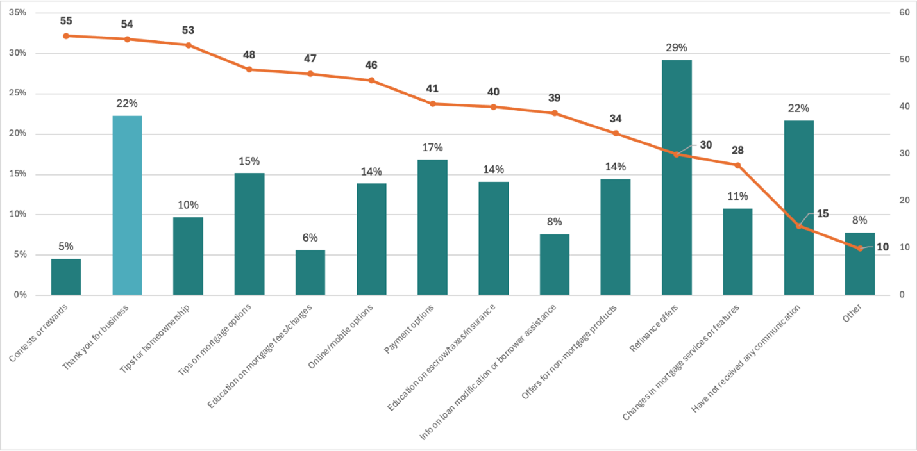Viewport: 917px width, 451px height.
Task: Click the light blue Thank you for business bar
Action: (x=127, y=205)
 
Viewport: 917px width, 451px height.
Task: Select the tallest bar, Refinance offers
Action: (x=677, y=177)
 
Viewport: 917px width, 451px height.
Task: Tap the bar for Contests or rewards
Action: (x=66, y=277)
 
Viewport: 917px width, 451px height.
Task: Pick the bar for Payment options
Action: (x=432, y=227)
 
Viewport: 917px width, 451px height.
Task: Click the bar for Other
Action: (x=860, y=263)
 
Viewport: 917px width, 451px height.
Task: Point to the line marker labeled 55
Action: (x=66, y=36)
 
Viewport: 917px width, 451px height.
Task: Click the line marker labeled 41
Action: (x=432, y=104)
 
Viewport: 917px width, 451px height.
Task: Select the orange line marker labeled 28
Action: (x=737, y=165)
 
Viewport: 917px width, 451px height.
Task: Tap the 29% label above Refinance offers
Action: (x=677, y=47)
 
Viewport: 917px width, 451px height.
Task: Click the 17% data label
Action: (x=432, y=147)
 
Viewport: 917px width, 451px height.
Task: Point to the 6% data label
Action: (x=310, y=238)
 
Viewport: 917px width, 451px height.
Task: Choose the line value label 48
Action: (x=249, y=55)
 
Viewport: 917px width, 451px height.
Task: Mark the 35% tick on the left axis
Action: (x=17, y=12)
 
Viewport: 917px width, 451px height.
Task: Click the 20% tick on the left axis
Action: (x=17, y=133)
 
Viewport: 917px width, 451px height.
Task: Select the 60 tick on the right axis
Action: (x=905, y=12)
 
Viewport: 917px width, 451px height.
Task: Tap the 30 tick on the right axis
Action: (x=905, y=154)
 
